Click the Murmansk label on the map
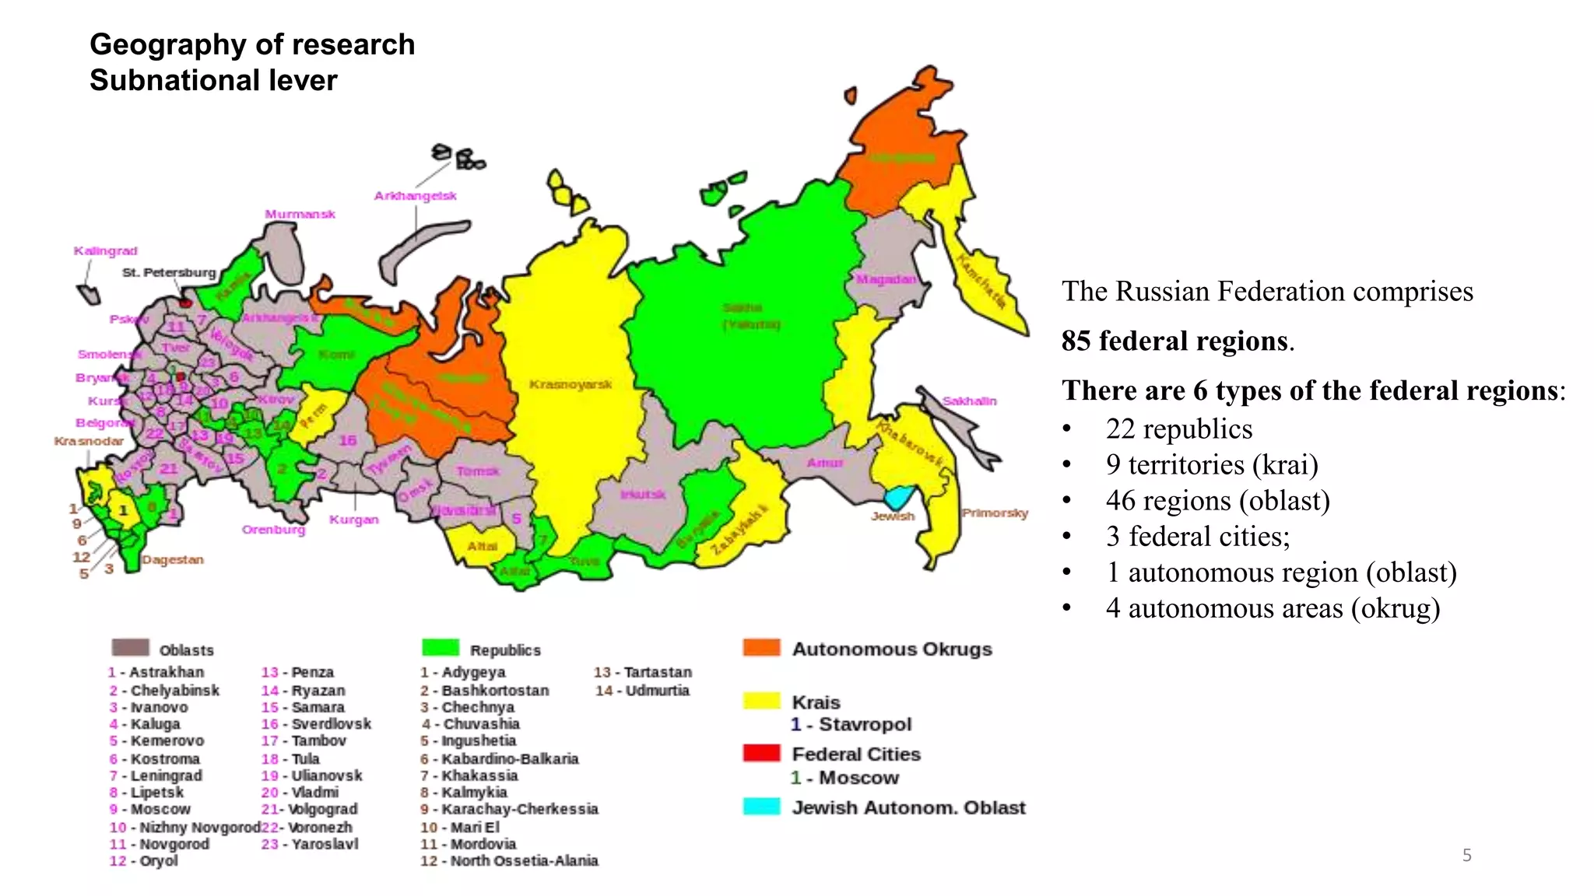click(300, 214)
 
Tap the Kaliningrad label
click(105, 250)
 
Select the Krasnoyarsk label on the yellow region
click(571, 384)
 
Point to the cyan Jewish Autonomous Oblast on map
click(899, 496)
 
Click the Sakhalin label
click(969, 401)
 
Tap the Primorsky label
click(995, 513)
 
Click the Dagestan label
click(172, 559)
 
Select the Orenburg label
click(273, 530)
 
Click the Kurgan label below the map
click(353, 520)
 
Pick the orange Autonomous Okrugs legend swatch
click(761, 648)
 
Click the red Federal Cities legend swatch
click(761, 753)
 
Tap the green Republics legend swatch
click(441, 648)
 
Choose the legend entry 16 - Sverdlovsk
click(316, 724)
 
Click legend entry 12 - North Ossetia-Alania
click(509, 861)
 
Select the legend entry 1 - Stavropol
click(851, 725)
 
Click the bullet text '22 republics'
click(1178, 429)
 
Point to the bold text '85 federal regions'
click(1174, 341)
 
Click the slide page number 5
click(1466, 856)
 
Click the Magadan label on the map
click(886, 279)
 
